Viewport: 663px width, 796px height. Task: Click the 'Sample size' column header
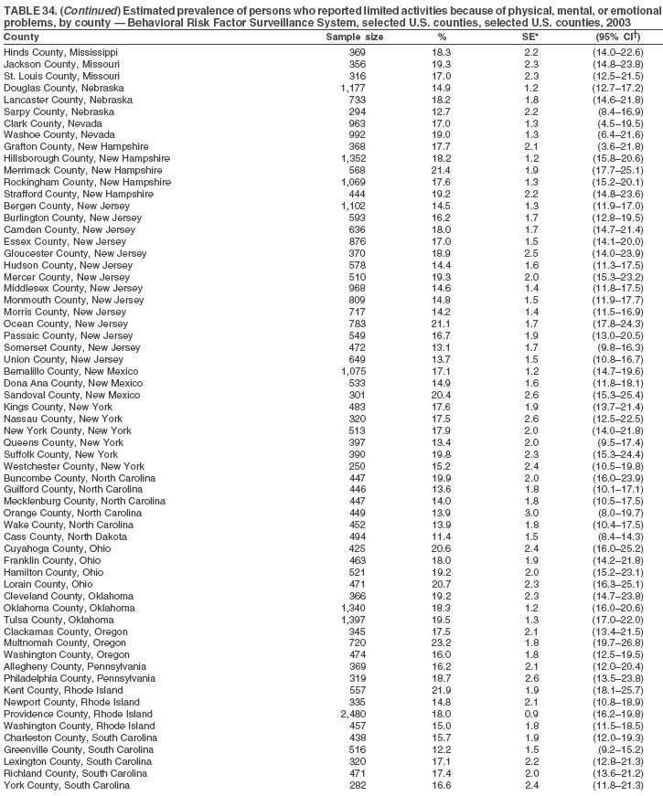(355, 37)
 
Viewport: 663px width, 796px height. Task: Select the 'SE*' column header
(529, 37)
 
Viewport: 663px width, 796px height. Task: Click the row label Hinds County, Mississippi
(67, 52)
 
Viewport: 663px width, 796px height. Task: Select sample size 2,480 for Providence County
(352, 713)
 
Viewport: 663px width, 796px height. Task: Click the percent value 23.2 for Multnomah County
(442, 642)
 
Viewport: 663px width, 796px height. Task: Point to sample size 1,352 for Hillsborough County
(352, 159)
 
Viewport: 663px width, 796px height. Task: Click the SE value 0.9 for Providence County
(530, 713)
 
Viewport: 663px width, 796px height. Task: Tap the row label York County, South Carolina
(66, 784)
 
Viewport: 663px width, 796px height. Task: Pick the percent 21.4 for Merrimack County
(442, 171)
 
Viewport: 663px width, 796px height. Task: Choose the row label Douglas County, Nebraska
(64, 88)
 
